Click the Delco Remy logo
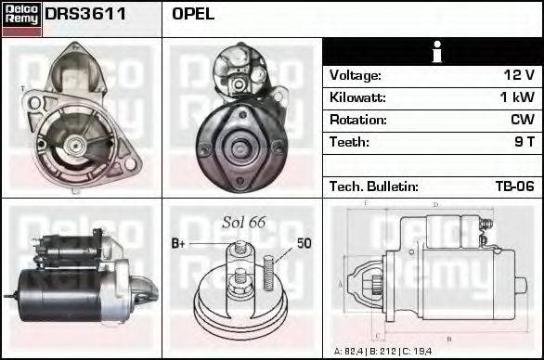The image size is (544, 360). tap(21, 19)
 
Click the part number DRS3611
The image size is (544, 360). tap(85, 14)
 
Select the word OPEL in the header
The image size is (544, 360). tap(193, 14)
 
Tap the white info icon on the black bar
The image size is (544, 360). tap(433, 52)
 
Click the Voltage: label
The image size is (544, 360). tap(356, 75)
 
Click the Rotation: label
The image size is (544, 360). tap(358, 120)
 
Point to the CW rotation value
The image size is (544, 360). tap(522, 120)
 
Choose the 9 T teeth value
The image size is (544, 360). tap(524, 142)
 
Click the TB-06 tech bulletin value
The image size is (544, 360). tap(514, 186)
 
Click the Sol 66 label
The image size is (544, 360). tap(243, 222)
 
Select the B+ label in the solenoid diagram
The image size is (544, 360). tap(179, 243)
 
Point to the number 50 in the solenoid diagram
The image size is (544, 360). tap(304, 243)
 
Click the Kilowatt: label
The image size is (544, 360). tap(357, 97)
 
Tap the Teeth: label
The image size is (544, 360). tap(349, 142)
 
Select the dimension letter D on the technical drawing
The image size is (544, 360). tap(435, 205)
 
